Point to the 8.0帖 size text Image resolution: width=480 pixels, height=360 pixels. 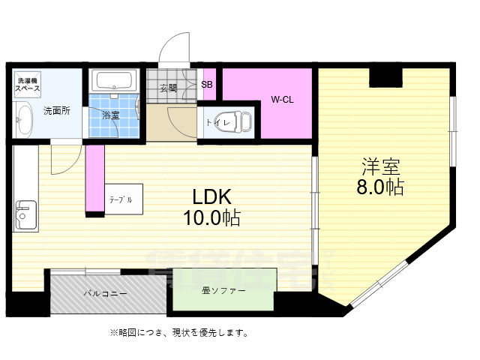click(381, 187)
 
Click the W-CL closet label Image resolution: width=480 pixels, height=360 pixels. click(282, 99)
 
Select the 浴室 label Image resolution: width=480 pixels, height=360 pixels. click(112, 115)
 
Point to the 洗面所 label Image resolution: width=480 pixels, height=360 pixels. click(56, 111)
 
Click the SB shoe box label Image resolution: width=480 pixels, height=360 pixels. click(207, 84)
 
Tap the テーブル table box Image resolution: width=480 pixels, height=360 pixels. click(121, 200)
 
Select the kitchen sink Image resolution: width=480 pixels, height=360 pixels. click(25, 214)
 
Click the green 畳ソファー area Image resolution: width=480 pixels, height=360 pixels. click(223, 289)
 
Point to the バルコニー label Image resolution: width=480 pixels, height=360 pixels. click(105, 293)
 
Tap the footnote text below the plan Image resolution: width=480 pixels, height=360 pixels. click(179, 332)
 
